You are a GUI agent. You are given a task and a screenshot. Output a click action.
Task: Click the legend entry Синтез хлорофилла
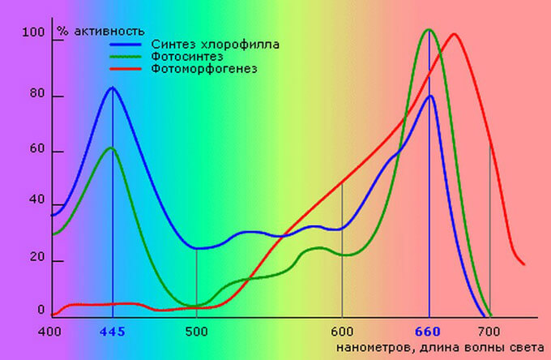[x=215, y=44]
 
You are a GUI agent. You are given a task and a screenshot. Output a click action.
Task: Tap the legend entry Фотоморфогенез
[x=204, y=69]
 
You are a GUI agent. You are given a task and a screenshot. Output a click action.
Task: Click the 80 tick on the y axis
[x=35, y=96]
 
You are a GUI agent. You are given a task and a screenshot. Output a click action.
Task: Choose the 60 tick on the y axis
[x=35, y=152]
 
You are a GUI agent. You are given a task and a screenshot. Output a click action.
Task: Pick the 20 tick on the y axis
[x=35, y=261]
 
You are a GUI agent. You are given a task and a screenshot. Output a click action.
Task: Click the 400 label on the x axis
[x=50, y=331]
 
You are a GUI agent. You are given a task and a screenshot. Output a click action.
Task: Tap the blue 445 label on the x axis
[x=113, y=331]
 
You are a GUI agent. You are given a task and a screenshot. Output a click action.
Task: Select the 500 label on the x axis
[x=197, y=331]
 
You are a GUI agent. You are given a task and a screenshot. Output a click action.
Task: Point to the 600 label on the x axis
[x=342, y=331]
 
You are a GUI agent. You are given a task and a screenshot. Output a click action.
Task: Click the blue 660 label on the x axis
[x=429, y=331]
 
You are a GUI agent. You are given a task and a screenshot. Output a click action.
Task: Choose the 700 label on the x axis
[x=489, y=331]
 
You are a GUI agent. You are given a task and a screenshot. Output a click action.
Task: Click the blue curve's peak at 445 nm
[x=113, y=88]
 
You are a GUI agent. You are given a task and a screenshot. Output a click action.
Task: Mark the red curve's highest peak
[x=454, y=34]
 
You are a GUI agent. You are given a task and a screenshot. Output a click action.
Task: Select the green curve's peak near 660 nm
[x=428, y=30]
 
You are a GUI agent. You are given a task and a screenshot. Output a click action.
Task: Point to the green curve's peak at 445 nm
[x=112, y=148]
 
